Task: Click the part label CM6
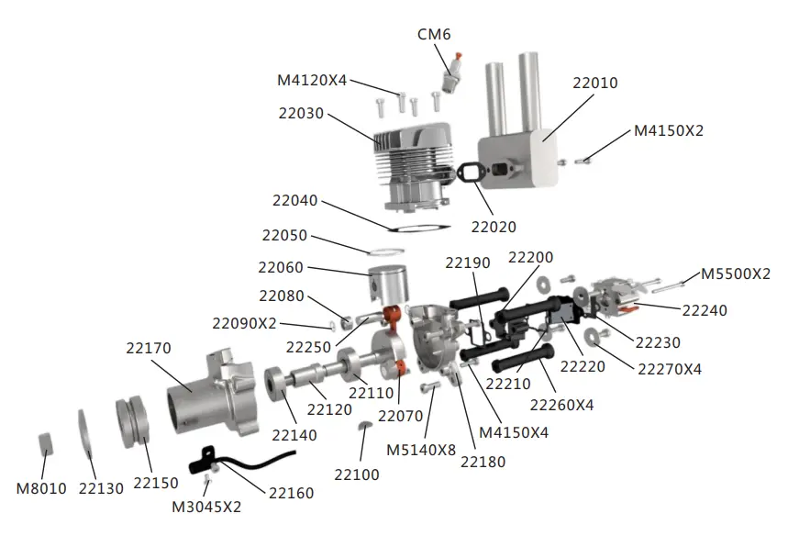tap(434, 34)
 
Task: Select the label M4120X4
tap(312, 80)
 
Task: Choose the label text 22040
tap(294, 200)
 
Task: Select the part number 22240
tap(705, 310)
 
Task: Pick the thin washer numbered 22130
tap(84, 432)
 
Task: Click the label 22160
tap(291, 493)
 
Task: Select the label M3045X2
tap(206, 506)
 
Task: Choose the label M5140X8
tap(421, 450)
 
